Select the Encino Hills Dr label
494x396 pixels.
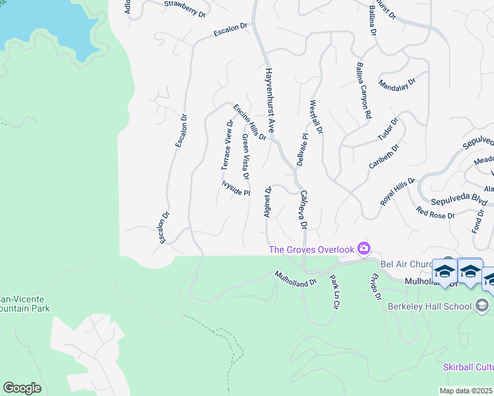coord(250,122)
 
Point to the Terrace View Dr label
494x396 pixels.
coord(227,145)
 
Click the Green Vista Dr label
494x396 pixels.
coord(244,157)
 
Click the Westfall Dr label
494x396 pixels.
coord(316,118)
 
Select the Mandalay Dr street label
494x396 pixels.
coord(397,84)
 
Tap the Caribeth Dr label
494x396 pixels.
coord(384,157)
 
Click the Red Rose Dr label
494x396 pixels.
coord(435,213)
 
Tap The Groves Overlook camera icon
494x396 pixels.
coord(363,249)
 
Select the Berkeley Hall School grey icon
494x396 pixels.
coord(482,305)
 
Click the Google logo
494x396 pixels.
coord(22,388)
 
